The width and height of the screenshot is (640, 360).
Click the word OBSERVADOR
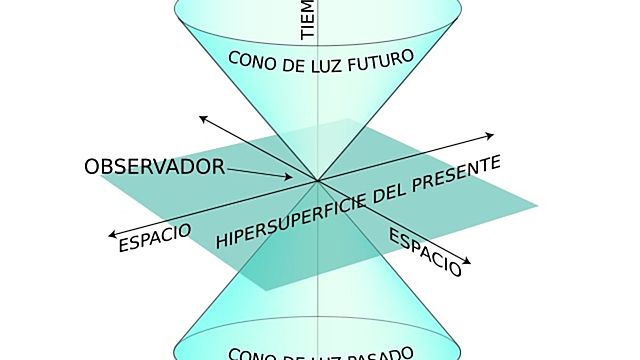coord(155,166)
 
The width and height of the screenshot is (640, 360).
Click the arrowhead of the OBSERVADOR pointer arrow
coord(289,178)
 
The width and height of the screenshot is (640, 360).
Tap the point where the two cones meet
coord(318,181)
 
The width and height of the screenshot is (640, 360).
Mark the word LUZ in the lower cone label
coord(318,356)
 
